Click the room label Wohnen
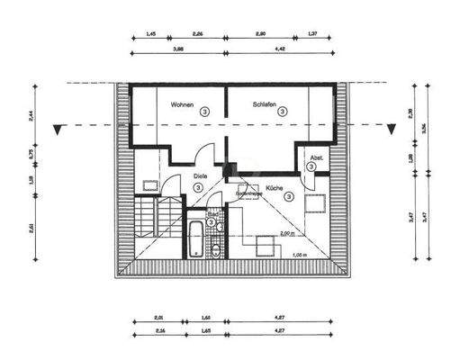(x=183, y=103)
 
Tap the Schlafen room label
(x=267, y=103)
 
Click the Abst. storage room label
(x=317, y=158)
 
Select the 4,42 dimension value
(x=275, y=50)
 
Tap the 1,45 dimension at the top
(x=149, y=33)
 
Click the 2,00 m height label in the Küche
(x=286, y=233)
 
